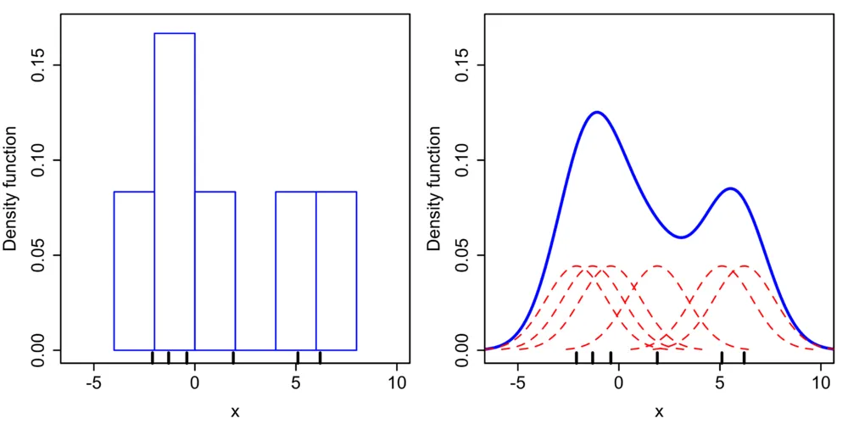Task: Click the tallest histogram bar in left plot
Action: coord(175,191)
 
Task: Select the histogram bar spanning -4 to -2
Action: coord(134,271)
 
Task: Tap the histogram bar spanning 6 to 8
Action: coord(336,271)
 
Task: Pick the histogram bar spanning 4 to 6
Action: coord(296,271)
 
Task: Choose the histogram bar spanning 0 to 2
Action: coord(215,271)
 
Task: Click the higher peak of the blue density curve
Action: coord(598,112)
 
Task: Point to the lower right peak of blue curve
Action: coord(731,189)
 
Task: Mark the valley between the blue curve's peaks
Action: coord(681,237)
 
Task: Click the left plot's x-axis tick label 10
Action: coord(397,382)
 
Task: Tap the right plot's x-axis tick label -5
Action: coord(516,382)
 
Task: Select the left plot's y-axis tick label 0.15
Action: coord(38,65)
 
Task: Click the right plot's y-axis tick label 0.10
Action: coord(462,160)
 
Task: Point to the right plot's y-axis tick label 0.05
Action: coord(462,255)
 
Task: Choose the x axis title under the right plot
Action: coord(659,412)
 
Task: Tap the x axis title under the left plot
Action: coord(235,412)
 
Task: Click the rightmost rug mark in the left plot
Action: coord(320,357)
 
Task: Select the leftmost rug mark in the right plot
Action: coord(577,357)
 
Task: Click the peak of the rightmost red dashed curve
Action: coord(744,266)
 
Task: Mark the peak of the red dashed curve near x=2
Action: coord(657,266)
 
